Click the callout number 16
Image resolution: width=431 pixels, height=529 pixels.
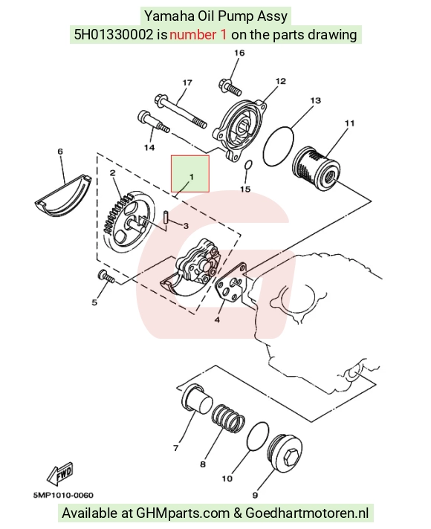pyautogui.click(x=239, y=53)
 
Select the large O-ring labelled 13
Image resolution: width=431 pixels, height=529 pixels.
pyautogui.click(x=278, y=146)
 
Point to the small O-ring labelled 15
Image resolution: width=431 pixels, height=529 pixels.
pyautogui.click(x=248, y=165)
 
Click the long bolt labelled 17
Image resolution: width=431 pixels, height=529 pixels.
pyautogui.click(x=181, y=111)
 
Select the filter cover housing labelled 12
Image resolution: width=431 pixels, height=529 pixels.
pyautogui.click(x=240, y=130)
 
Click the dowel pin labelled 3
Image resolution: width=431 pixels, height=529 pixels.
pyautogui.click(x=166, y=217)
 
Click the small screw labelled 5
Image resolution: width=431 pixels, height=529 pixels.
pyautogui.click(x=106, y=276)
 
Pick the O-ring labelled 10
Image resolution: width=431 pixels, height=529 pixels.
pyautogui.click(x=258, y=435)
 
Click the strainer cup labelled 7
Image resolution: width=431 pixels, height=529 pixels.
pyautogui.click(x=197, y=399)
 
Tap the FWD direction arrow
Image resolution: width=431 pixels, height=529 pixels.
pyautogui.click(x=61, y=473)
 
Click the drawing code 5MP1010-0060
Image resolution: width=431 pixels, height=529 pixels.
pyautogui.click(x=63, y=496)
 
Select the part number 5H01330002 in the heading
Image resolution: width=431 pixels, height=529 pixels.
pyautogui.click(x=114, y=35)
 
